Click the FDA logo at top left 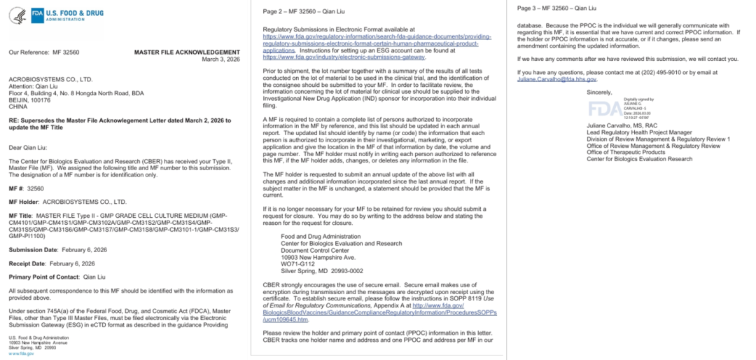pos(57,13)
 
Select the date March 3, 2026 pos(221,59)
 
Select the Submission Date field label pos(33,249)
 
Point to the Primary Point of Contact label pos(46,276)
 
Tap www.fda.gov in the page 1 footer pos(22,354)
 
